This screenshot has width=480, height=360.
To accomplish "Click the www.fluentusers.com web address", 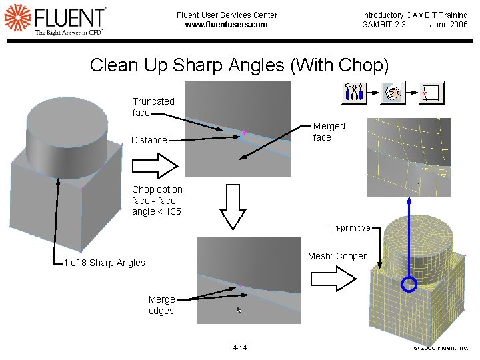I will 226,25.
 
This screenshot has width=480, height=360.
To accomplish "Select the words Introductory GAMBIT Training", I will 415,15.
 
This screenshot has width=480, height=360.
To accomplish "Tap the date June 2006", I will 449,25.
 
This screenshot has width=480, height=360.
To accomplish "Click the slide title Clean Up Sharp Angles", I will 239,65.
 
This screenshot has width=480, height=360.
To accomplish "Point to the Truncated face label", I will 153,107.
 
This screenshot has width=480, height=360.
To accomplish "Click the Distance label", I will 149,140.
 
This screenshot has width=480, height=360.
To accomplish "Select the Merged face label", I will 329,131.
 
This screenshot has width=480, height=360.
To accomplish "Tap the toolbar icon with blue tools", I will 354,93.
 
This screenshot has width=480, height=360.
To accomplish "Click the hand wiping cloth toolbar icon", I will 392,93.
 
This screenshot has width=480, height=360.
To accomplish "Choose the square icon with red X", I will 431,93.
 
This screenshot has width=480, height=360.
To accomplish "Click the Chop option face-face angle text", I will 157,201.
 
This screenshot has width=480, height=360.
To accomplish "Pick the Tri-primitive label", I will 349,228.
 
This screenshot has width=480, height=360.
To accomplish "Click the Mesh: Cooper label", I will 337,256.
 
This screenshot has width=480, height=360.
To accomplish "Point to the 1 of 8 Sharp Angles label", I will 104,263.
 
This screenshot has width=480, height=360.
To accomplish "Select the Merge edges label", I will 161,305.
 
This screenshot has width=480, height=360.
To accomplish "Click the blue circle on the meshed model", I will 410,285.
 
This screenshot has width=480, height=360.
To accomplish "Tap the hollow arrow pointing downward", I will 233,206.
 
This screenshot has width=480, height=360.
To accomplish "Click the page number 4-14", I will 239,347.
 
